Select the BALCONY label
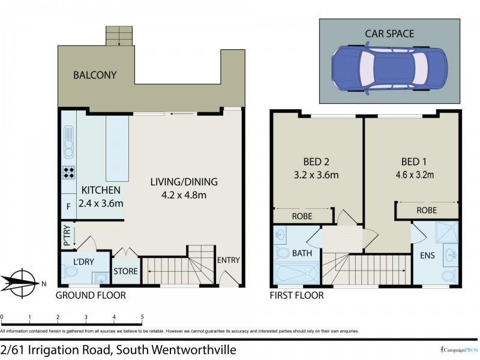coord(94,76)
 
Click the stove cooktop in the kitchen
coord(68,173)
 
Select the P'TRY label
coord(66,235)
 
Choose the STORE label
coord(126,272)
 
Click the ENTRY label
coord(229,260)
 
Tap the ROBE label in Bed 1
coord(427,211)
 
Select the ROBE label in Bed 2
coord(301,215)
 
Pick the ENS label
coord(427,256)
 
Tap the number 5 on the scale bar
coord(142,316)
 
